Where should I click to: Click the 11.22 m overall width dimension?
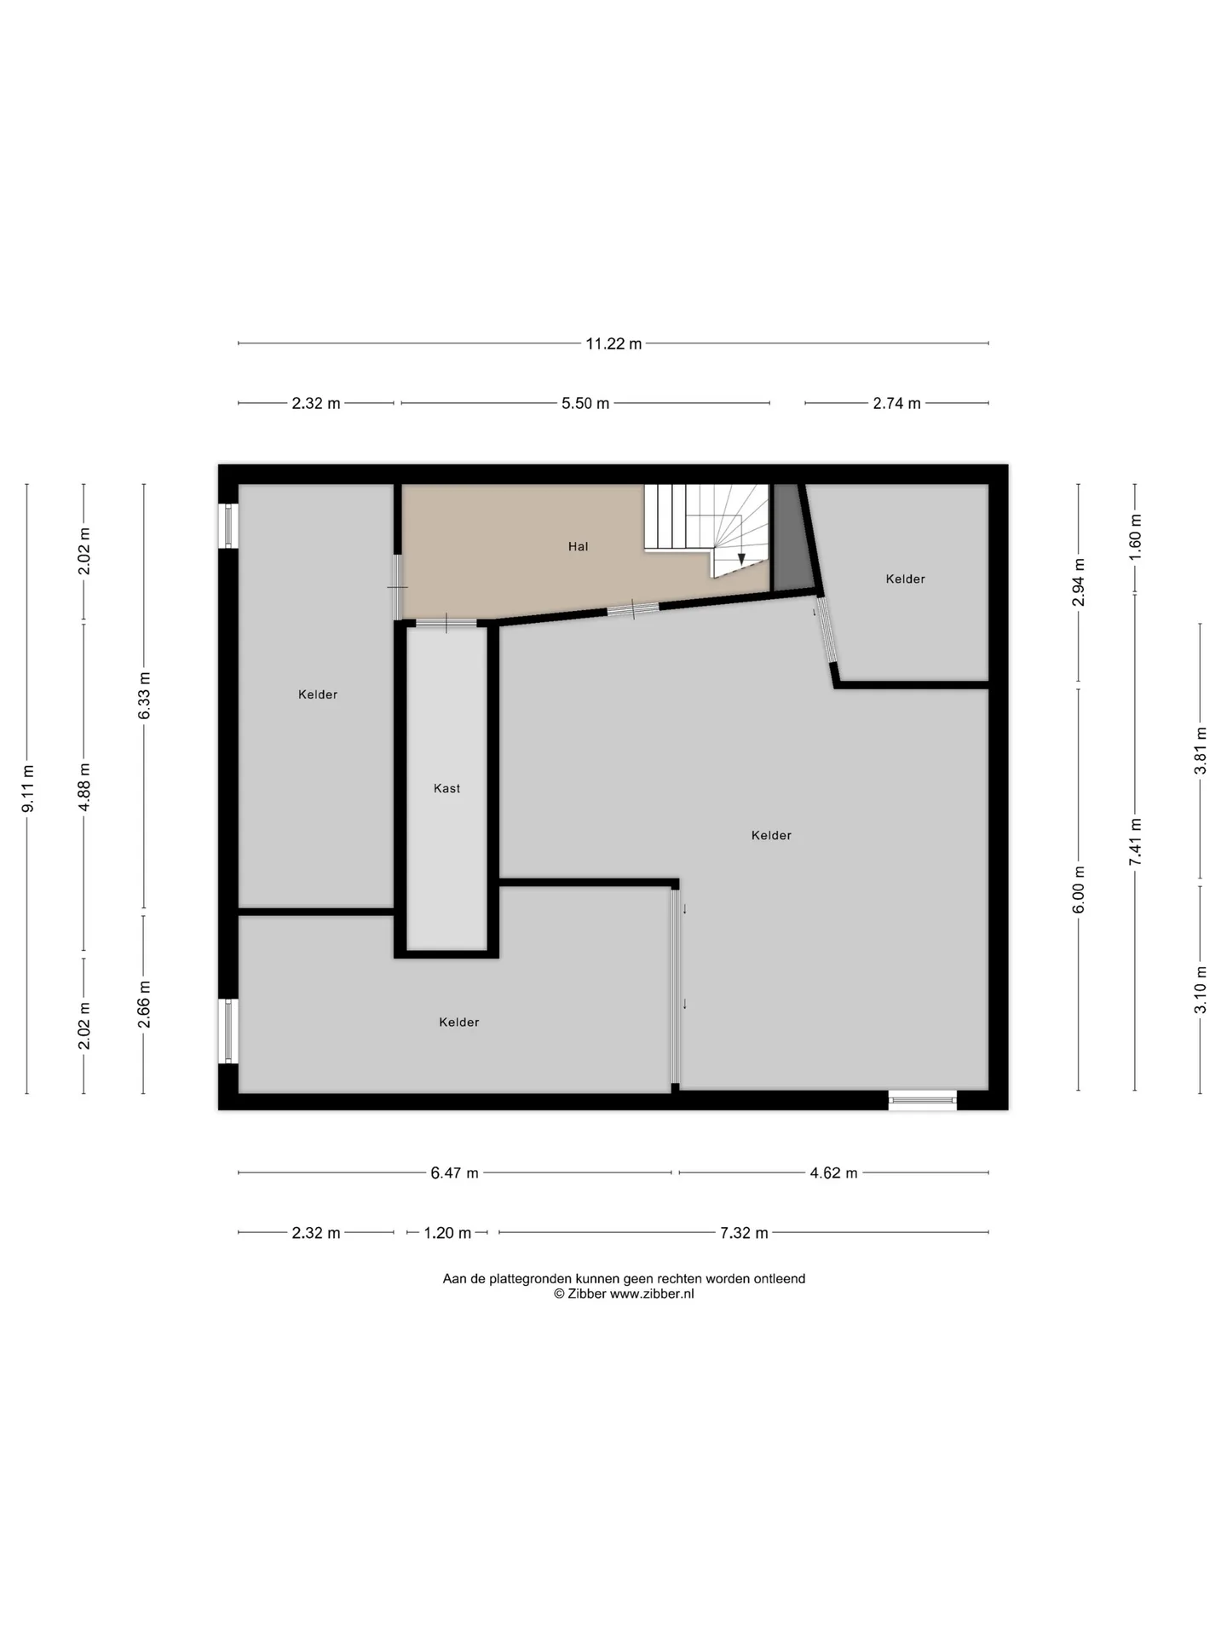pos(613,343)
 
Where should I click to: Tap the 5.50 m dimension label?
pos(585,403)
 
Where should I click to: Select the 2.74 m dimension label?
pos(896,403)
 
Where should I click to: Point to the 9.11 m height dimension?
pos(28,788)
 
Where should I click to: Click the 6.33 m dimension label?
pos(145,695)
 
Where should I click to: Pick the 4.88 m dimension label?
pos(84,787)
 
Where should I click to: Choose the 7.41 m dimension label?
pos(1136,842)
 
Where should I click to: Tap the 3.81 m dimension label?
pos(1201,750)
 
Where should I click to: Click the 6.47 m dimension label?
pos(454,1173)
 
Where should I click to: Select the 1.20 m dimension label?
pos(447,1233)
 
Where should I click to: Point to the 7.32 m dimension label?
pos(744,1233)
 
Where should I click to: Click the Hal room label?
pos(579,546)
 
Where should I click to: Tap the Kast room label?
pos(446,788)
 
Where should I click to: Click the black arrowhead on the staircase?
pos(741,559)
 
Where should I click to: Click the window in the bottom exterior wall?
pos(923,1100)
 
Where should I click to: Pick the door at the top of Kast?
pos(446,623)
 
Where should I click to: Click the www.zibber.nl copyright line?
pos(624,1293)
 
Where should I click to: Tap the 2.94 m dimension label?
pos(1080,582)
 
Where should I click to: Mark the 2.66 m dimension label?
pos(145,1004)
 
